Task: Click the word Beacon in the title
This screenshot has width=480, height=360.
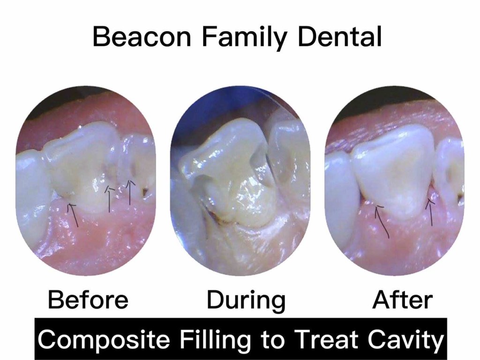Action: tap(142, 37)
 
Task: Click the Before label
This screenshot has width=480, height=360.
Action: tap(88, 300)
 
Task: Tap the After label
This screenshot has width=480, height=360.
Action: tap(402, 300)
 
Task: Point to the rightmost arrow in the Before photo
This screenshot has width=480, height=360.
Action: tap(130, 192)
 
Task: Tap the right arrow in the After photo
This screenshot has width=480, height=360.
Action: tap(431, 212)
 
